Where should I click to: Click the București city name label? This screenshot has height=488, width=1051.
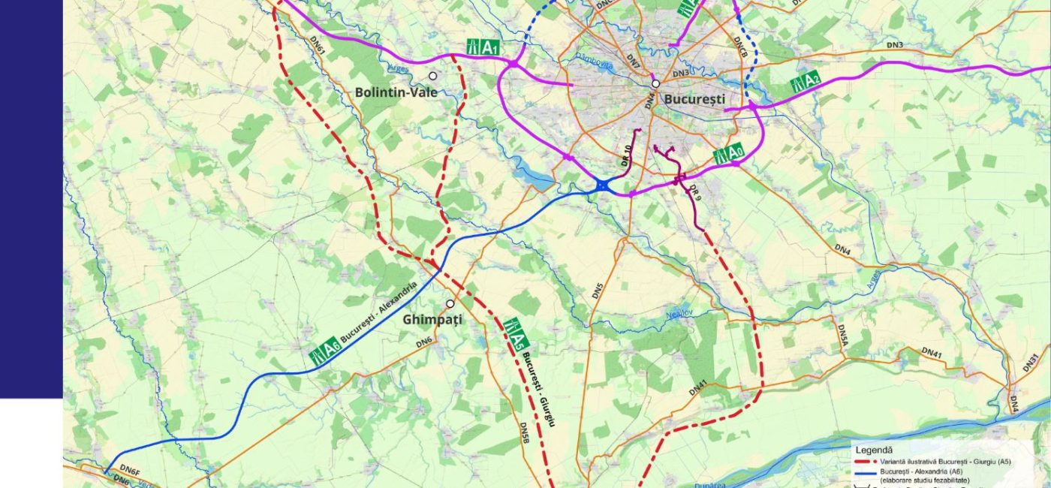pos(694,98)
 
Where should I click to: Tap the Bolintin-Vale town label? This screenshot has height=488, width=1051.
pos(396,92)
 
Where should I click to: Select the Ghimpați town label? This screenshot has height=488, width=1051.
pos(432,319)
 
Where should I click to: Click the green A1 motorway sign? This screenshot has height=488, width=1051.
pos(483,47)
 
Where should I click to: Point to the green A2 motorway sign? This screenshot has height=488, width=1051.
pos(805,81)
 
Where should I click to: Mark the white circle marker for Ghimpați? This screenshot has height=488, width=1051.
pos(450,304)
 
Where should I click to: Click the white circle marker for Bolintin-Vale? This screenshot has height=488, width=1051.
pos(432,76)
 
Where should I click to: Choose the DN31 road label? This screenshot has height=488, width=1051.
pos(1030,364)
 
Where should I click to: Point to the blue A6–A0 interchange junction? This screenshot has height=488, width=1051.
pos(603,185)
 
